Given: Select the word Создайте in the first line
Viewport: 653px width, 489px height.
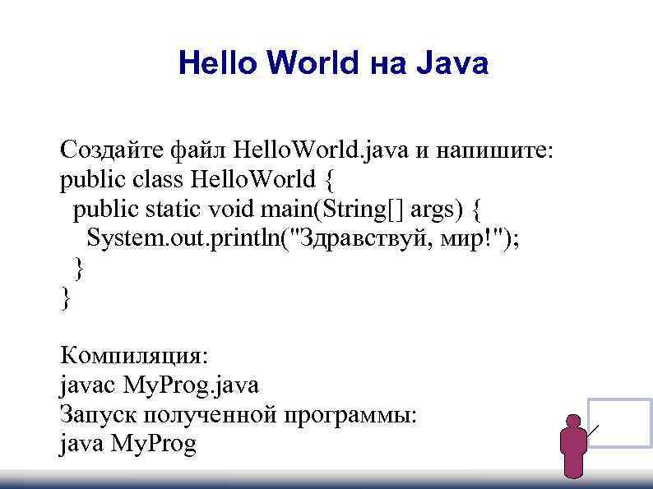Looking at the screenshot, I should click(111, 150).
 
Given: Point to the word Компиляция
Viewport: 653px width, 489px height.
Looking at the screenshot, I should click(134, 357).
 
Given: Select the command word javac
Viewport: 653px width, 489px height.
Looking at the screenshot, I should click(88, 384).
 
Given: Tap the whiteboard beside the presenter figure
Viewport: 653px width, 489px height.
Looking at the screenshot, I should click(620, 422).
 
